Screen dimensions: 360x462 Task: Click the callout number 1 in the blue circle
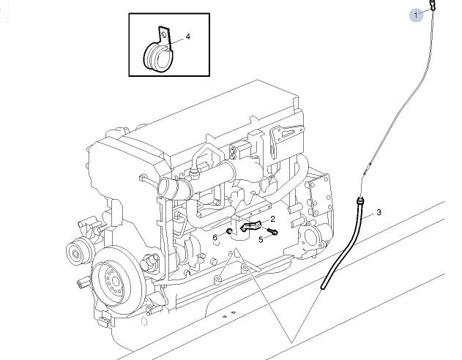417,15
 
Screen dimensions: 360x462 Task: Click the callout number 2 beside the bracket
272,219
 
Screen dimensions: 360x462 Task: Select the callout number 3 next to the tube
379,213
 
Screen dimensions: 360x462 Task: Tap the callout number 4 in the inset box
187,36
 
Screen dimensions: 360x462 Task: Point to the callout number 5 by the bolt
260,239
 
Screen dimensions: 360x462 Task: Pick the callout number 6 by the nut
215,237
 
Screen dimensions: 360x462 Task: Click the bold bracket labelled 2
253,227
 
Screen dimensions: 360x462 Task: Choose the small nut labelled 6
228,233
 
